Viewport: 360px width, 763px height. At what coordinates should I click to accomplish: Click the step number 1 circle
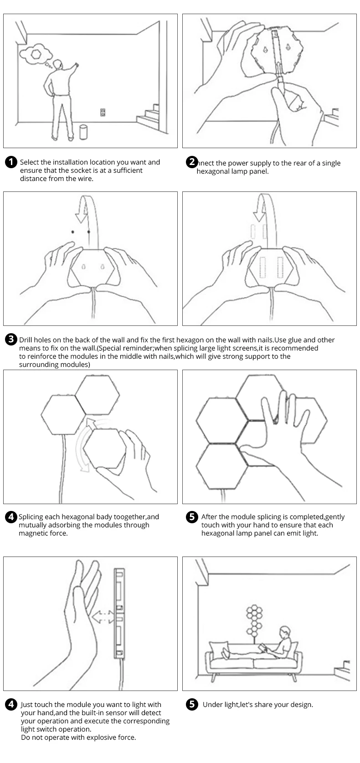coord(11,162)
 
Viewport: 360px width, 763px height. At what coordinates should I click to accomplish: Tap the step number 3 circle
coord(11,340)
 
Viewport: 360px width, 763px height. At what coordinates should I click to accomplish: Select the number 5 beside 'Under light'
coord(193,704)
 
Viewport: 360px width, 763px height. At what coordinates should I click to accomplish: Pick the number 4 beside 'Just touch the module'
coord(11,704)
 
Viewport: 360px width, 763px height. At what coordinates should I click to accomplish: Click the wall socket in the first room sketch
coord(103,112)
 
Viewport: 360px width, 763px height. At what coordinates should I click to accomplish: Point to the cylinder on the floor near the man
coord(83,132)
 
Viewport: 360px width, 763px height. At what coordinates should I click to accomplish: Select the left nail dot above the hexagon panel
coord(72,232)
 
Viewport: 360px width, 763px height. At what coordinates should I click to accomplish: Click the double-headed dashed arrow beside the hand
coord(103,617)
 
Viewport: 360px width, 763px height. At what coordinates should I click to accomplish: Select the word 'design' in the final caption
coord(301,705)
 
